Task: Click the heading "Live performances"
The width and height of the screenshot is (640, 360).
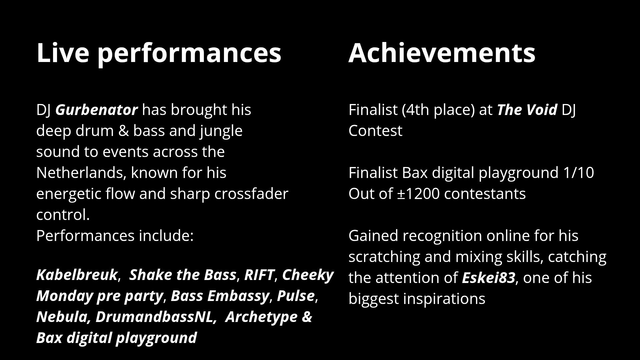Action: [159, 53]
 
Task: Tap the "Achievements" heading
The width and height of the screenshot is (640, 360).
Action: [442, 52]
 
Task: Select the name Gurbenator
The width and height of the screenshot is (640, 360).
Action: [96, 110]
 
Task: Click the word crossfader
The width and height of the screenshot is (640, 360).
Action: [251, 194]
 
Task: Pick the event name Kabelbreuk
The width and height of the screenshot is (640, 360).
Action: [77, 275]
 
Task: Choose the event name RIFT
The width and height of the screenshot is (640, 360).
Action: [259, 275]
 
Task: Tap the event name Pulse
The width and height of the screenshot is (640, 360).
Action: [296, 296]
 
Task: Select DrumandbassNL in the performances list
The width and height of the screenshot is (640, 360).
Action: [154, 317]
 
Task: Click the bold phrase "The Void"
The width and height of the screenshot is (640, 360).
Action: [527, 110]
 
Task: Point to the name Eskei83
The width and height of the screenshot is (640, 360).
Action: [488, 278]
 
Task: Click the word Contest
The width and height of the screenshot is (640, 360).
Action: [375, 131]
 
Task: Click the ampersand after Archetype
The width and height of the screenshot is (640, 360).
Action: [307, 317]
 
